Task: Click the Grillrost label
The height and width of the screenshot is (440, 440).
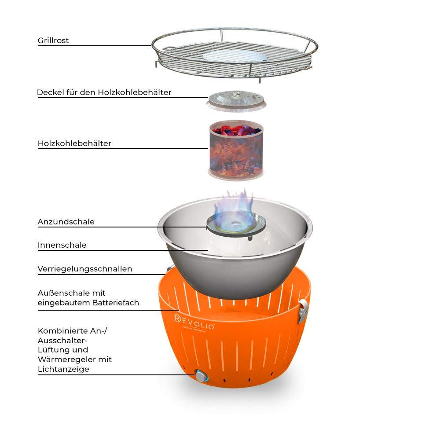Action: (53, 40)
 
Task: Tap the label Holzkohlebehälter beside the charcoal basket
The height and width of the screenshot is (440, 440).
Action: (74, 143)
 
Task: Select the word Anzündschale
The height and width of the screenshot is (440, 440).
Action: (66, 222)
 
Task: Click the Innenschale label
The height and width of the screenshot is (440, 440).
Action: (62, 245)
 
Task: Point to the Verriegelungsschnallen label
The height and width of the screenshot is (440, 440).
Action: (85, 269)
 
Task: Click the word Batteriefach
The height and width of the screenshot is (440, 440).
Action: (116, 303)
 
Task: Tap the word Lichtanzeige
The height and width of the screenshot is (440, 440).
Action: (63, 369)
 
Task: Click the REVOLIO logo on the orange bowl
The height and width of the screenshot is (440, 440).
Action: (194, 323)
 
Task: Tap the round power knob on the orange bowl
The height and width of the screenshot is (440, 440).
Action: (201, 376)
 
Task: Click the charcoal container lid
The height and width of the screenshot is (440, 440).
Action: (236, 101)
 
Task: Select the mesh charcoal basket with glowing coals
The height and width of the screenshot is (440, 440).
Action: (236, 150)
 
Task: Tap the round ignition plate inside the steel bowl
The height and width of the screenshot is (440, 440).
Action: (236, 224)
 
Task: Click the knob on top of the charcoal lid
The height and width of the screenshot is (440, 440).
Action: (237, 93)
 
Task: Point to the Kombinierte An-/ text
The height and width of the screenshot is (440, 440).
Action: (73, 331)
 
